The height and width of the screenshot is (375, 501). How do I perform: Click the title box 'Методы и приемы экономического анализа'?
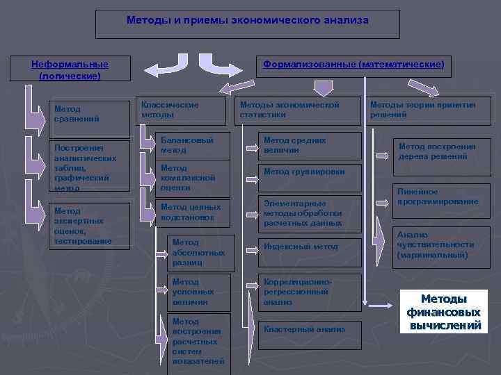[x=247, y=24]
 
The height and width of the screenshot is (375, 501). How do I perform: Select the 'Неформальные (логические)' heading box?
[x=70, y=69]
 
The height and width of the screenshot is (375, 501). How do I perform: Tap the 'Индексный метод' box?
[x=309, y=247]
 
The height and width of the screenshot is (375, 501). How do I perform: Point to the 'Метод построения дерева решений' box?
[x=442, y=152]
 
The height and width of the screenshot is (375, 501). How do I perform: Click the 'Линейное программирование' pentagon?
[x=438, y=197]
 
